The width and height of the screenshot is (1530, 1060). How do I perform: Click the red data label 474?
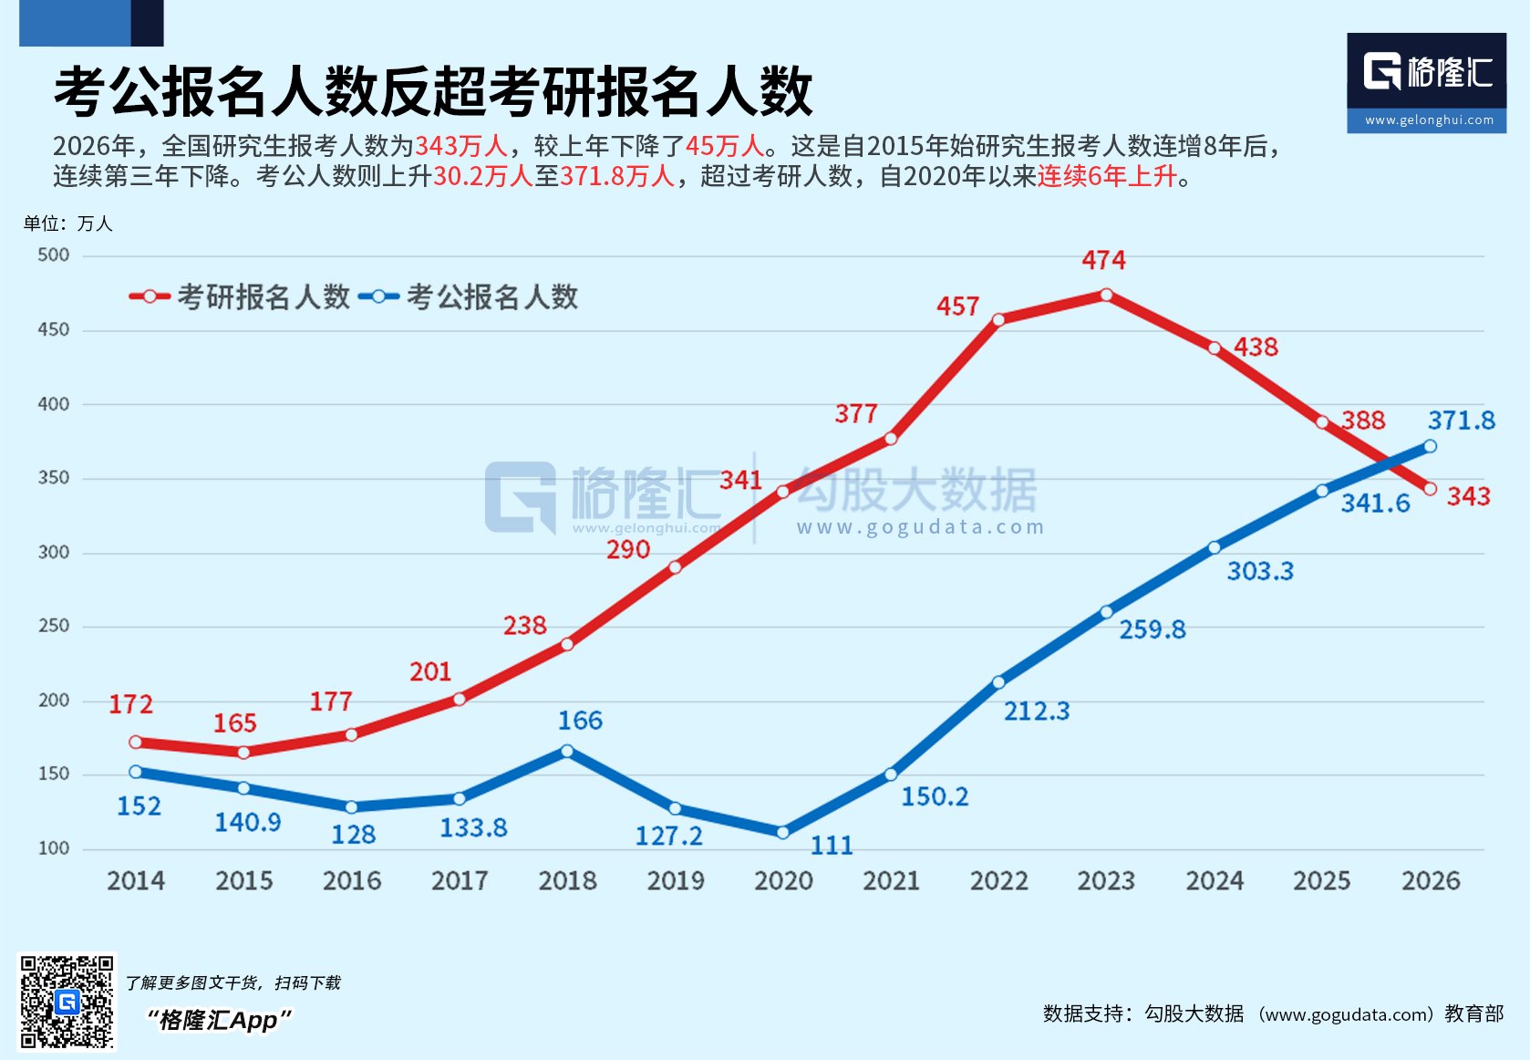pyautogui.click(x=1103, y=261)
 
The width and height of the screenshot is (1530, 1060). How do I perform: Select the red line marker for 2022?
pyautogui.click(x=998, y=320)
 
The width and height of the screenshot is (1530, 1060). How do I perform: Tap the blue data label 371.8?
pyautogui.click(x=1461, y=421)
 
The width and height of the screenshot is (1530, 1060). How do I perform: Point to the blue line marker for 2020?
pyautogui.click(x=782, y=832)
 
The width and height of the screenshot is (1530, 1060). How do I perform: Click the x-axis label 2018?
pyautogui.click(x=567, y=881)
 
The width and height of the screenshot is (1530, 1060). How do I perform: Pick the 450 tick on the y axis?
pyautogui.click(x=54, y=330)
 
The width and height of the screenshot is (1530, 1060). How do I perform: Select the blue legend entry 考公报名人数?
pyautogui.click(x=470, y=296)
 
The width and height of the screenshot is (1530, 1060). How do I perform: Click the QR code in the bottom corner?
pyautogui.click(x=67, y=1002)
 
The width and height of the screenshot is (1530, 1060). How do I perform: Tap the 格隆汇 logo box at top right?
pyautogui.click(x=1426, y=83)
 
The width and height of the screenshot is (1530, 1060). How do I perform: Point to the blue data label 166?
pyautogui.click(x=580, y=721)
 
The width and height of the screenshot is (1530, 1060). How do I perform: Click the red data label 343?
pyautogui.click(x=1468, y=496)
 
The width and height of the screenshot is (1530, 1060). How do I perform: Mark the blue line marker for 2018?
pyautogui.click(x=567, y=751)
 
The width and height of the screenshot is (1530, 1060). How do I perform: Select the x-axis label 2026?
pyautogui.click(x=1430, y=881)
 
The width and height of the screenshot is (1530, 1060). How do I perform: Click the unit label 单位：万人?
pyautogui.click(x=68, y=223)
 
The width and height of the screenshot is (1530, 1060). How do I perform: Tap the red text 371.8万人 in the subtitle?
pyautogui.click(x=617, y=176)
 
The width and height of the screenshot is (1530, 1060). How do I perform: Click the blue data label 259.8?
pyautogui.click(x=1153, y=629)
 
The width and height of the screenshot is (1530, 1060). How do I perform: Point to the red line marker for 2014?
pyautogui.click(x=136, y=743)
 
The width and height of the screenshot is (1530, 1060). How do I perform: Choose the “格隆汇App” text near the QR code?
pyautogui.click(x=219, y=1020)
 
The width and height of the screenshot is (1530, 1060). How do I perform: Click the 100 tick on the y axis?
pyautogui.click(x=54, y=848)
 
